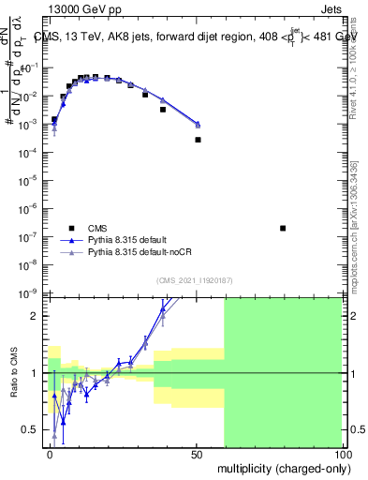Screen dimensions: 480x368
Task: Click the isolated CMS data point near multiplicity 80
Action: click(283, 228)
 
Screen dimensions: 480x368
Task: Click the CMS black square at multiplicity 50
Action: click(198, 140)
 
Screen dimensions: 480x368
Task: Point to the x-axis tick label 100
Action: click(343, 454)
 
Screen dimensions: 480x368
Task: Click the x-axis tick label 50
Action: click(196, 454)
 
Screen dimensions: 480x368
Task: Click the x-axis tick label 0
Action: click(51, 454)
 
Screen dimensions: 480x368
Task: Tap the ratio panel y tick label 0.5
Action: click(30, 429)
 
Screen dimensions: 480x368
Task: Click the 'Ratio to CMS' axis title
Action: click(14, 373)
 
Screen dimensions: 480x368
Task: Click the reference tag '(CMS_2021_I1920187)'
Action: click(195, 281)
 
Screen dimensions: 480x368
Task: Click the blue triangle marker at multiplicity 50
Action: click(198, 124)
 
